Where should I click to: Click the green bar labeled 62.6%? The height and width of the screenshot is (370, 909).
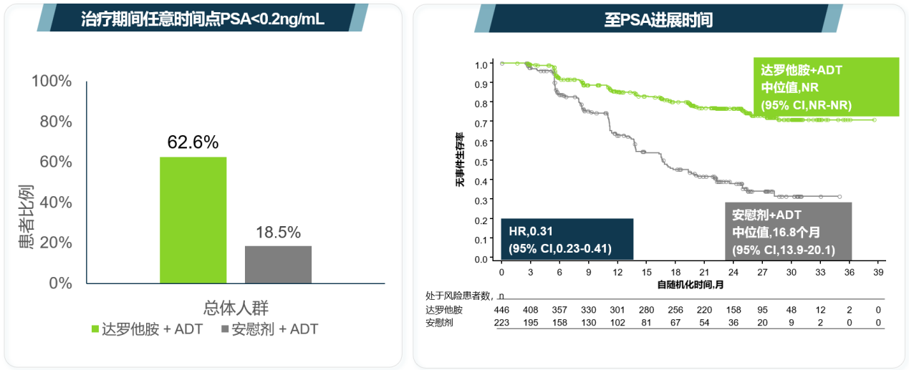coord(193,220)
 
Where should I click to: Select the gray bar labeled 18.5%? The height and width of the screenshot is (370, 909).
coord(278,264)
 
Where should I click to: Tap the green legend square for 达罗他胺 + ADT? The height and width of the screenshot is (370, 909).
coord(95,329)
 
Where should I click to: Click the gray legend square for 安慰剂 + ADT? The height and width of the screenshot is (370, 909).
coord(224,329)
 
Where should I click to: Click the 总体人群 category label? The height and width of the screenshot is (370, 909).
coord(235,308)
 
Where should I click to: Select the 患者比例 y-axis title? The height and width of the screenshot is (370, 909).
coord(26,218)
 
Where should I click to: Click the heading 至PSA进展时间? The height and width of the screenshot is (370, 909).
coord(658,19)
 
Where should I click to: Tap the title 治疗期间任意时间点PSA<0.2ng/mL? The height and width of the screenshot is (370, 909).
coord(203,19)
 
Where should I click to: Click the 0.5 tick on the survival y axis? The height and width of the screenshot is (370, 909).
coord(482,162)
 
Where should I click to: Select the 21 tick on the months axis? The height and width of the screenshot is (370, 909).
coord(703,273)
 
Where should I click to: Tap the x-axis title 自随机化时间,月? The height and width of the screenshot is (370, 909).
coord(691,285)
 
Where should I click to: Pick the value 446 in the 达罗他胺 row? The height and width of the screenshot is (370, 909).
coord(501,310)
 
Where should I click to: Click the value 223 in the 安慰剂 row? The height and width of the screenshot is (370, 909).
coord(501,323)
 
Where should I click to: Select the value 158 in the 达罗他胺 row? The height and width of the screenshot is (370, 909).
coord(733,310)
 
